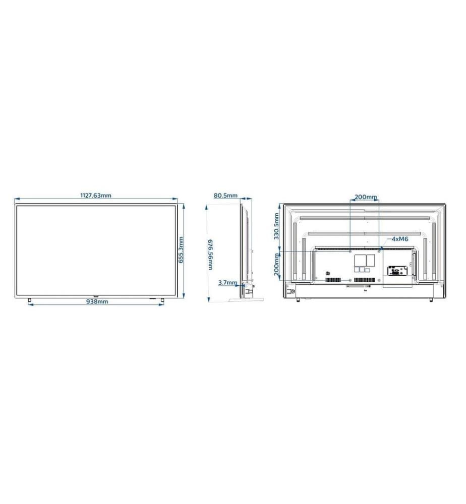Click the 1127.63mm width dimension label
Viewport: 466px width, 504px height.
coord(96,196)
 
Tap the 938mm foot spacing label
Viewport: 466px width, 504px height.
coord(96,302)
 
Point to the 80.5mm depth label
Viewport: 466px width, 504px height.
coord(225,196)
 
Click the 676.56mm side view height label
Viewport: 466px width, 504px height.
coord(210,255)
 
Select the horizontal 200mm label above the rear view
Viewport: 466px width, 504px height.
coord(365,197)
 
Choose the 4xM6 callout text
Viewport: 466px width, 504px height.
coord(399,239)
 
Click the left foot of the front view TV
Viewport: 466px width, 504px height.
coord(30,299)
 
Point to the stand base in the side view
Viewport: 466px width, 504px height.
coord(246,299)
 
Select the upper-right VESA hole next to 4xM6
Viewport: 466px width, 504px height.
coord(379,250)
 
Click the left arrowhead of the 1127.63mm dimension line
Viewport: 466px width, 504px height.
coord(16,200)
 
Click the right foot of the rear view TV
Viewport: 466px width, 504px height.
coord(432,300)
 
